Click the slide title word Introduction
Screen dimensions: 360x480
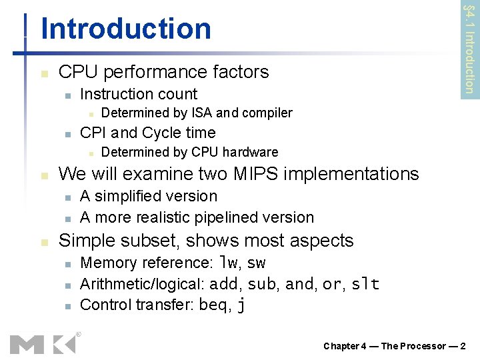click(x=126, y=29)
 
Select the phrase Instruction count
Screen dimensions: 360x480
click(x=139, y=94)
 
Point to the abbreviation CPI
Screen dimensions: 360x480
click(x=93, y=133)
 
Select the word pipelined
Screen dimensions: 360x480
click(x=233, y=217)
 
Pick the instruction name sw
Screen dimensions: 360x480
click(x=257, y=263)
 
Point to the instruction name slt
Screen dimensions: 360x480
click(x=365, y=285)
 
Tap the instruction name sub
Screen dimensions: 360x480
click(x=263, y=285)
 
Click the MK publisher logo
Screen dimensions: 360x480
click(x=43, y=343)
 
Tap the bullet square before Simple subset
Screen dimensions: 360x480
click(x=44, y=241)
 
